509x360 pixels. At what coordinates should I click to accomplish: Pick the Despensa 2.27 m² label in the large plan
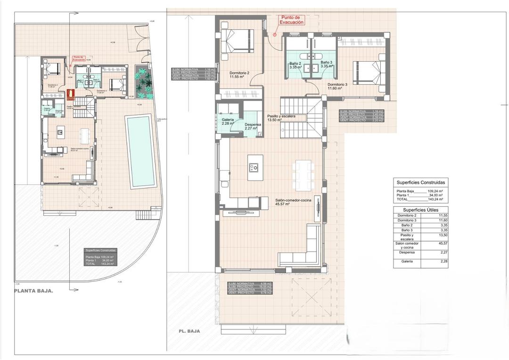tap(254, 126)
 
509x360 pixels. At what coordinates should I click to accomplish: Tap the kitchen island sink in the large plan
tap(253, 166)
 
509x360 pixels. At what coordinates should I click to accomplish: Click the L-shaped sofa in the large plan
tap(302, 250)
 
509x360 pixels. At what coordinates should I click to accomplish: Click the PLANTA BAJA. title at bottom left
tap(33, 291)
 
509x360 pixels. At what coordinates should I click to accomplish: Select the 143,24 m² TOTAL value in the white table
tap(435, 199)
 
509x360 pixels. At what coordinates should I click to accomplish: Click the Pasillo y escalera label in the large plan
tap(281, 118)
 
